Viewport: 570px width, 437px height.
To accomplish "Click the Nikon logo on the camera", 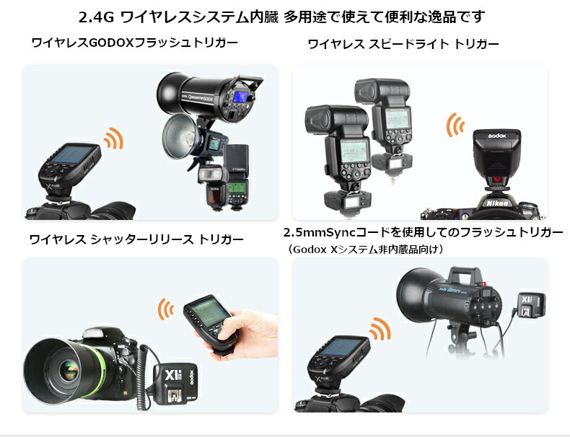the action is click(497, 203).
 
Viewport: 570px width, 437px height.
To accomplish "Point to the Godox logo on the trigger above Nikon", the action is click(496, 136).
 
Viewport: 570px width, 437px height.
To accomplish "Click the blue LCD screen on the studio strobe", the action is click(240, 97).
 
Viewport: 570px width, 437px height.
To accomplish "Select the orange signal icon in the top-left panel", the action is click(114, 138).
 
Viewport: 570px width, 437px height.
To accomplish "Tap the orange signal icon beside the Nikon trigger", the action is click(455, 125).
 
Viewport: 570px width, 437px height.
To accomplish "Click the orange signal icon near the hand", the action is click(165, 309).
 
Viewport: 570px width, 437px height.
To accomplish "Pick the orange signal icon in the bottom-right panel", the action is click(380, 328).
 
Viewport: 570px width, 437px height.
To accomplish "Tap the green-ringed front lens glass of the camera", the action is click(69, 371).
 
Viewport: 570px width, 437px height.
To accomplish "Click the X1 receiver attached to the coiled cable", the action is click(175, 384).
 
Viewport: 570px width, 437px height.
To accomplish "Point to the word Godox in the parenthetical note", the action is click(310, 250).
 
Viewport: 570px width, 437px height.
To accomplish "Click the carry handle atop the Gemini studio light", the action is click(466, 273).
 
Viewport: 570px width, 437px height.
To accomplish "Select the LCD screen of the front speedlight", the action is click(354, 151).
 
